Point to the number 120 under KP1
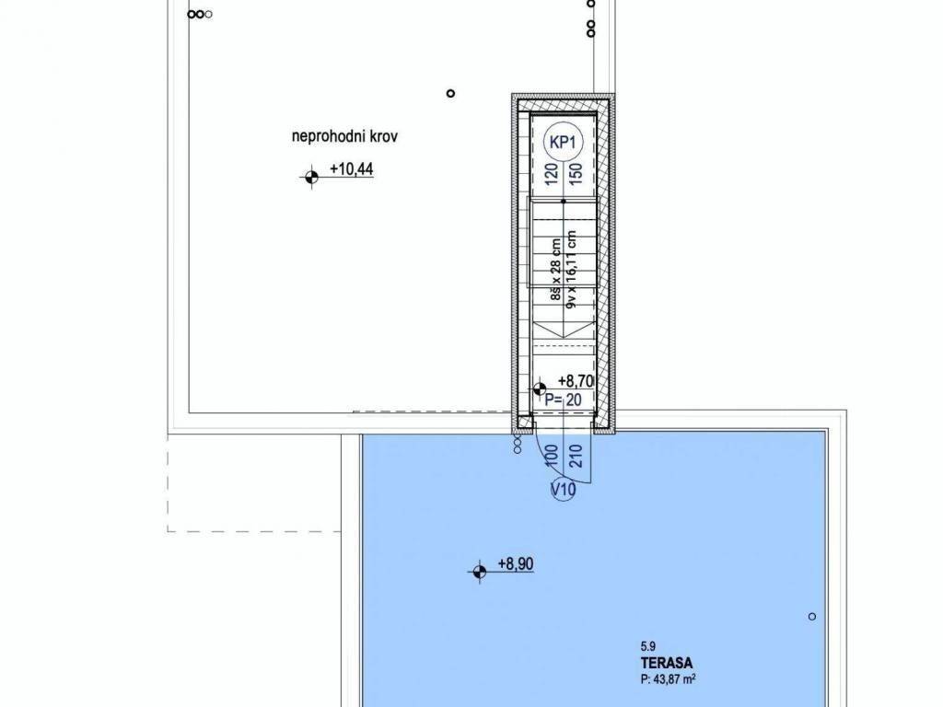tap(551, 175)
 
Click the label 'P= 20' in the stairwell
tap(563, 400)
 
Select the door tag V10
tap(562, 491)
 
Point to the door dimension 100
tap(551, 456)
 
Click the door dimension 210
tap(574, 456)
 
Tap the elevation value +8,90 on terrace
tap(515, 564)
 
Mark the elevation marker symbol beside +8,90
tap(479, 572)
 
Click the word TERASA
tap(668, 662)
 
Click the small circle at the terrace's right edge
tap(811, 616)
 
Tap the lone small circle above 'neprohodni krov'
tap(450, 93)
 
